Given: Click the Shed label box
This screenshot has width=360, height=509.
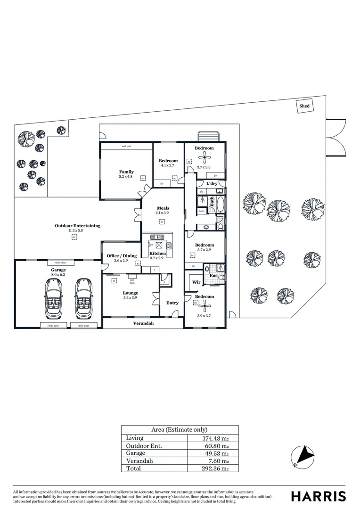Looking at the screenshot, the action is click(304, 106).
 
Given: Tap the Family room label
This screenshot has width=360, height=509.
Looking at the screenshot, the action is click(126, 172).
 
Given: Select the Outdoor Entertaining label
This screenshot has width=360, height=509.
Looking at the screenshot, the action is click(77, 226).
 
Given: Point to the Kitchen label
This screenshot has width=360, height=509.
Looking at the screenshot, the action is click(156, 254).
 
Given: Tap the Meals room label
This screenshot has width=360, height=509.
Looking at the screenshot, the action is click(163, 208).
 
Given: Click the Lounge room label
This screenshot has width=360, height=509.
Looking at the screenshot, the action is click(131, 293).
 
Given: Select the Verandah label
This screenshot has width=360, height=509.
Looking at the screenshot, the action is click(143, 324).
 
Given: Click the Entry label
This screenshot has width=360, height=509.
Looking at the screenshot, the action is click(172, 303).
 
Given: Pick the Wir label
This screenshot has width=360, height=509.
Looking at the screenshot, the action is click(196, 282).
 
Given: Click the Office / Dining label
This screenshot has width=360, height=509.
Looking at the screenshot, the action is click(122, 256).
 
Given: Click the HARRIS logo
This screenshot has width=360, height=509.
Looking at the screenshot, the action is click(318, 496).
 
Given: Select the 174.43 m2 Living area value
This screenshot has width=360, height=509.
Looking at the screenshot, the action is click(215, 438).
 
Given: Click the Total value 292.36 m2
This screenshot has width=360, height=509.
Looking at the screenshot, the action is click(215, 468).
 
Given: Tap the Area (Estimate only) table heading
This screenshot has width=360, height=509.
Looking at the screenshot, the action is click(179, 430).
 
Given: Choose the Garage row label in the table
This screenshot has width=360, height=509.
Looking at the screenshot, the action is click(136, 453).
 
